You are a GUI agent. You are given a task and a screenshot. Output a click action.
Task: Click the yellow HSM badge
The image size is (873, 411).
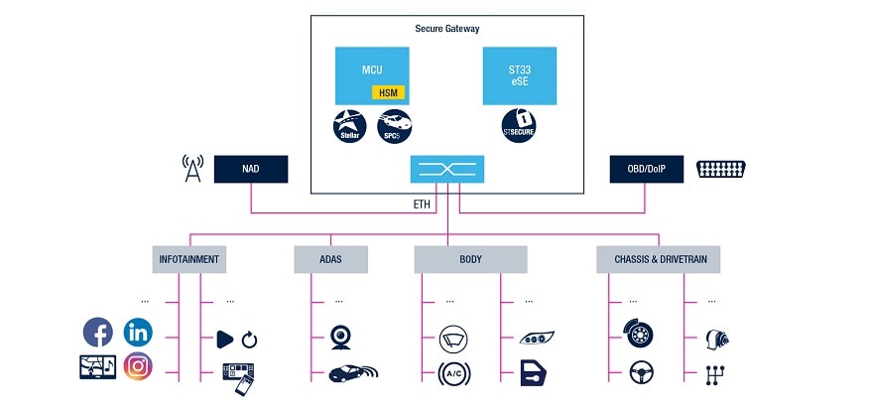(388, 91)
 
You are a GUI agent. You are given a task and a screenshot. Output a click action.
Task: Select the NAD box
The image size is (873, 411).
(250, 170)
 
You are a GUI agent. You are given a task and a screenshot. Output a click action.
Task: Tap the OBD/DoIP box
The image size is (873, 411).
(646, 170)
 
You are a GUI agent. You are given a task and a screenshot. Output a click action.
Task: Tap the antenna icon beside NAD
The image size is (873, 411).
(193, 169)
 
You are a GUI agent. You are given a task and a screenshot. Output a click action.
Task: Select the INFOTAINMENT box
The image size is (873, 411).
(189, 260)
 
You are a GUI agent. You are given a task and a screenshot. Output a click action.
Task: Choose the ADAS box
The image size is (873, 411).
(330, 260)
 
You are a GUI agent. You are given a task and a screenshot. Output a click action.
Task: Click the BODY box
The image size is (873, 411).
(470, 260)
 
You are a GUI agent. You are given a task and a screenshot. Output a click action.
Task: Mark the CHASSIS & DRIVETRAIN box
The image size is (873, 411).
(659, 260)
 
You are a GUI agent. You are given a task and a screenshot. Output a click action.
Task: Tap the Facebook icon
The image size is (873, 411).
(98, 332)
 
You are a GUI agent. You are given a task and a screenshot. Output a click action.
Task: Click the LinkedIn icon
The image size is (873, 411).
(138, 332)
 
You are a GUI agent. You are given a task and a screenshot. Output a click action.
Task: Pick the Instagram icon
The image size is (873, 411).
(138, 366)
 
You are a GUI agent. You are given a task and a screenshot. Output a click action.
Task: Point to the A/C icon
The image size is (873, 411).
(454, 374)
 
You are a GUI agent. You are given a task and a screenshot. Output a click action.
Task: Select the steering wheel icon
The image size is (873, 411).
(639, 374)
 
